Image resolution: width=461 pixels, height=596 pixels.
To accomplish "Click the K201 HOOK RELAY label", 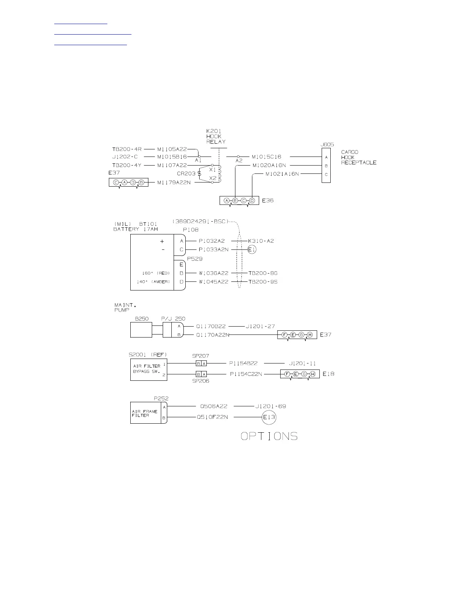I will point(216,136).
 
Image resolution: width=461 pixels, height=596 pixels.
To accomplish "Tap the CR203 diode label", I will point(186,173).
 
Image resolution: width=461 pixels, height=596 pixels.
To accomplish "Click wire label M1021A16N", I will point(282,174).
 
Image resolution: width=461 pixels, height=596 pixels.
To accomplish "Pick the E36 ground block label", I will point(267,201).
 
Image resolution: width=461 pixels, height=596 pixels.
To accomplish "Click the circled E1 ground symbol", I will point(252,249).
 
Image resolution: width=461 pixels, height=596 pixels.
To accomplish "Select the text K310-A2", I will point(261,241).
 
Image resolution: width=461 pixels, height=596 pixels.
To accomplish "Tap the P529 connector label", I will point(195,258).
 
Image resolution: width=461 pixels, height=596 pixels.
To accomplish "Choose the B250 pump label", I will point(142,319).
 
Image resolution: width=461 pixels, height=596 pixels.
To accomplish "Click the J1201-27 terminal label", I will point(260,326).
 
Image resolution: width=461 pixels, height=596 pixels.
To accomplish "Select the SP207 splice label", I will point(200,356).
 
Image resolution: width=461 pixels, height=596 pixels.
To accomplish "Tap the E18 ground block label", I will point(328,374).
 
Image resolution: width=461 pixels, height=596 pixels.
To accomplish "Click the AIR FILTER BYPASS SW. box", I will point(149,369).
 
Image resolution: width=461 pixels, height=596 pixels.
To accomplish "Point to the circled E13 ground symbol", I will point(269,417).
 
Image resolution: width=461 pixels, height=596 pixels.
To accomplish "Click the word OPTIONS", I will point(269,436).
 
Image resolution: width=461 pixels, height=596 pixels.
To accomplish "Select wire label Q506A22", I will point(214,406).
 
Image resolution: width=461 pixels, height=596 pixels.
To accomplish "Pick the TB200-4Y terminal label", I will point(127,165).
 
